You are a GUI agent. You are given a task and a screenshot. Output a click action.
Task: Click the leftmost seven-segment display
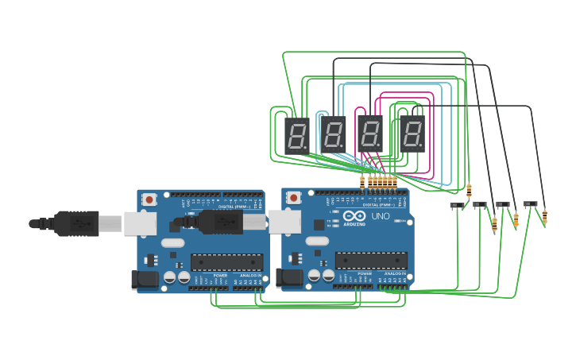click(x=296, y=136)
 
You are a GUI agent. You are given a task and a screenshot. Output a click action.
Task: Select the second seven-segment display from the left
click(x=333, y=134)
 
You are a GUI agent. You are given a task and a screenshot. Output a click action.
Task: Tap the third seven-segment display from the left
click(x=369, y=133)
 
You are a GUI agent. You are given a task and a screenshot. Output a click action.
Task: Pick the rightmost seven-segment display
click(x=412, y=134)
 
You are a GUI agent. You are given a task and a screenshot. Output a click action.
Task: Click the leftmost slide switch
click(x=457, y=206)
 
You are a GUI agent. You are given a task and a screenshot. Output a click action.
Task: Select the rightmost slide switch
click(x=530, y=204)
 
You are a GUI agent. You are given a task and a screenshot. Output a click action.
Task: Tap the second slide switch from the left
click(x=480, y=204)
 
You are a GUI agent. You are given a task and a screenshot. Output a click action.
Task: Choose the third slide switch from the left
click(x=503, y=204)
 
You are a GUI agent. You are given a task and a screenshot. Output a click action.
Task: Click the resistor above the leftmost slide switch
click(x=469, y=191)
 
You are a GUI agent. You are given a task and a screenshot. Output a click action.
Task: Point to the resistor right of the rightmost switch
click(x=544, y=217)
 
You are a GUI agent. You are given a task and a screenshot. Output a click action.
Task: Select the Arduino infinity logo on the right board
click(x=355, y=215)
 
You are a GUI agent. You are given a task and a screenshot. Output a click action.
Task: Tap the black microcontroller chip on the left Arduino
click(x=226, y=262)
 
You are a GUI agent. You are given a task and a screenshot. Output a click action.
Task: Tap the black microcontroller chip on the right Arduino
click(x=371, y=261)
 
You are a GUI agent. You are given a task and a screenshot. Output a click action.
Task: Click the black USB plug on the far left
click(x=75, y=223)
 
